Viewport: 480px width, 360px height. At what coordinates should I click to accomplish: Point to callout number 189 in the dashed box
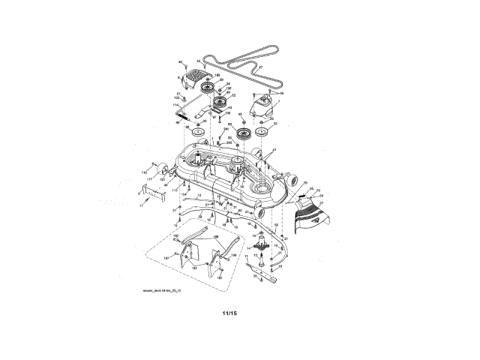click(215, 238)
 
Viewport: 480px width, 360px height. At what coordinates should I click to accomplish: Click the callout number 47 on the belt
click(261, 67)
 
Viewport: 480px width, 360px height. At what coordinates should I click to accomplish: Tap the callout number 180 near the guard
click(217, 76)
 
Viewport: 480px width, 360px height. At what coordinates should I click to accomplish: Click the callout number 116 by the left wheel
click(144, 172)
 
